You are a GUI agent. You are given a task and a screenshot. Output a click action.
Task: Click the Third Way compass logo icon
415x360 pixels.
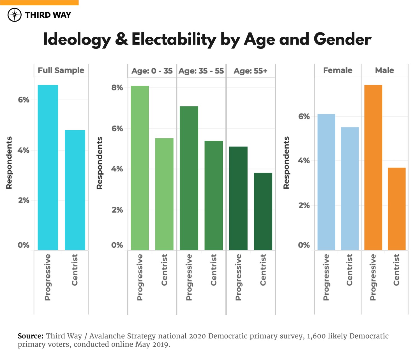click(15, 15)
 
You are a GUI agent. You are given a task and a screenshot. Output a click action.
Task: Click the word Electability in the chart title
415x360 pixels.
click(174, 39)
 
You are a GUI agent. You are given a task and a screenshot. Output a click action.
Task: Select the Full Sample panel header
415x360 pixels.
click(61, 70)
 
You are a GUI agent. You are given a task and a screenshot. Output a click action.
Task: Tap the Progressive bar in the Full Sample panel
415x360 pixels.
click(48, 168)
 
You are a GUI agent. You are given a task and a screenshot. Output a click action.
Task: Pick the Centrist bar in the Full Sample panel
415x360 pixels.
click(75, 190)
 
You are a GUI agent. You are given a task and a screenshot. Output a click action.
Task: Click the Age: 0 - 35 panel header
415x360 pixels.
click(152, 71)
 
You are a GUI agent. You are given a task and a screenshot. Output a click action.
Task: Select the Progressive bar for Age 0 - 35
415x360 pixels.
click(140, 168)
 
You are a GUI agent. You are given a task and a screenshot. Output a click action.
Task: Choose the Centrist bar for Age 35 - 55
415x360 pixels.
click(214, 195)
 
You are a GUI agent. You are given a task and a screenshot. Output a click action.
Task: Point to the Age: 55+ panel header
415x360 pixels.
click(250, 71)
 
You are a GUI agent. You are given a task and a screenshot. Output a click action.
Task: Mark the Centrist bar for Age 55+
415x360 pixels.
click(263, 211)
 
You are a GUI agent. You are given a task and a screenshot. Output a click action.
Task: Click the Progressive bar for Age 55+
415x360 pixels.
click(238, 198)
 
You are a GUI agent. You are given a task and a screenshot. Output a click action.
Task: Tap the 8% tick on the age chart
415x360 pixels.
click(117, 88)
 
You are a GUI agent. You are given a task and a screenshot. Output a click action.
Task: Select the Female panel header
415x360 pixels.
click(338, 70)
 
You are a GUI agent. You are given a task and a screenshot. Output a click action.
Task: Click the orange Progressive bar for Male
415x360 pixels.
click(373, 168)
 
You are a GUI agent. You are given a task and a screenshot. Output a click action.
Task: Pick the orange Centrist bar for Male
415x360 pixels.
click(396, 209)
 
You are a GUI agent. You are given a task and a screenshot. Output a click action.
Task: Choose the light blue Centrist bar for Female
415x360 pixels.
click(350, 189)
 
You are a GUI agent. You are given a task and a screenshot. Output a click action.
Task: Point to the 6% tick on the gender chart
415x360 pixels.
click(304, 117)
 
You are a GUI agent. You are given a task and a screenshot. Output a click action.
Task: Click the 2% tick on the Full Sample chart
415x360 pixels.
click(24, 200)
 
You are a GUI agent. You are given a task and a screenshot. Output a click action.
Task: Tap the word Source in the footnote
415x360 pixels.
click(31, 336)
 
